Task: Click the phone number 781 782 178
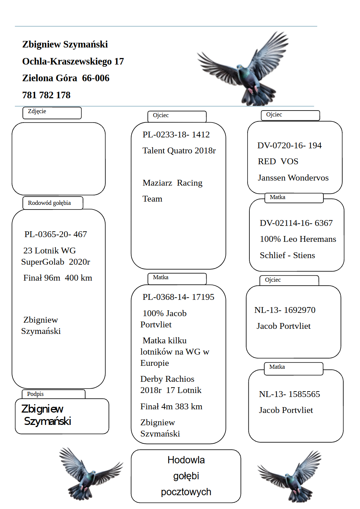(x=46, y=95)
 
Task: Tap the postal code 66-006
(x=96, y=78)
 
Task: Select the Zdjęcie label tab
(x=37, y=111)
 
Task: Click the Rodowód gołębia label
(x=49, y=203)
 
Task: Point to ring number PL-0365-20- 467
(x=55, y=234)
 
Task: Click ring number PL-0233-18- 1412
(x=176, y=135)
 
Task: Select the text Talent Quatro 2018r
(x=179, y=150)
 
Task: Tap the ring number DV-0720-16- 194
(x=289, y=145)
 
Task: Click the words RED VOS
(x=278, y=161)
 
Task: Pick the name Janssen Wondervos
(x=293, y=178)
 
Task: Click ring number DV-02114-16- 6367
(x=296, y=223)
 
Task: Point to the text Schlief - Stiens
(x=287, y=255)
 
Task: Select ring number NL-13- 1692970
(x=285, y=310)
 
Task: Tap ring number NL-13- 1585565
(x=289, y=394)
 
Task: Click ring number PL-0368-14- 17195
(x=178, y=297)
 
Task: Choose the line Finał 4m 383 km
(x=171, y=406)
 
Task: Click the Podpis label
(x=35, y=394)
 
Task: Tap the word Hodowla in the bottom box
(x=186, y=460)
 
